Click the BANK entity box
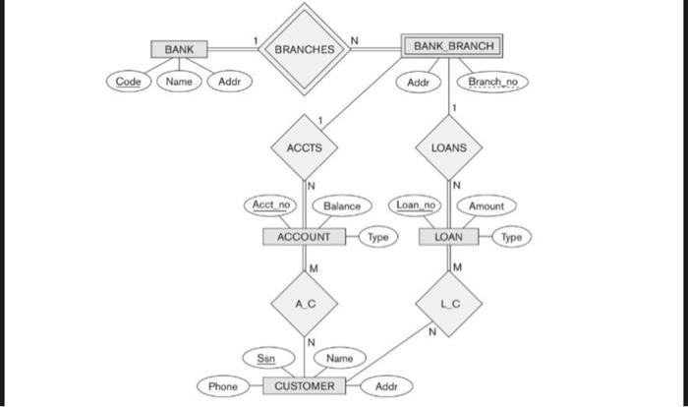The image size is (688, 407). [179, 48]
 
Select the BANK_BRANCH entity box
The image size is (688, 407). [453, 46]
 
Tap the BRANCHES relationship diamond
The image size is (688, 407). [304, 48]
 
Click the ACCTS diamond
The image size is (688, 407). [304, 147]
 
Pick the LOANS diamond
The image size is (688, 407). [454, 147]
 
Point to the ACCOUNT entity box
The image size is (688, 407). [304, 237]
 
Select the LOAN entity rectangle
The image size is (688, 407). [448, 237]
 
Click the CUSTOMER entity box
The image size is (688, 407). [304, 385]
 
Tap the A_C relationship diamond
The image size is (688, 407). [304, 304]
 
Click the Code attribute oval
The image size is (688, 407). [128, 81]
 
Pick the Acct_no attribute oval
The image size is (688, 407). [270, 205]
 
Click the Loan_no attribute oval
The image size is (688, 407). [416, 205]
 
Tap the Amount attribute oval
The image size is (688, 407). [486, 205]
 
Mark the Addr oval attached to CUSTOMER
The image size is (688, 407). [386, 386]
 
